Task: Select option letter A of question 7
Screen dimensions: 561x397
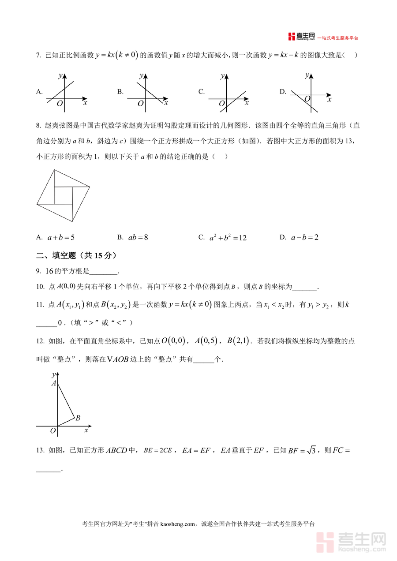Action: click(39, 92)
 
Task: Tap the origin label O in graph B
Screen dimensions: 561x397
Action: click(141, 104)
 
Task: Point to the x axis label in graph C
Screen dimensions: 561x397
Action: click(247, 103)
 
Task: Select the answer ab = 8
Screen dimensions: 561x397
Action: click(138, 237)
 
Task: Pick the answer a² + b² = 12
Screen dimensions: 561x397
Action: click(228, 238)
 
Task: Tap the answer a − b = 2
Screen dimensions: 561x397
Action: click(304, 237)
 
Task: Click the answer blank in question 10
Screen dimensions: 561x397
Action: click(304, 287)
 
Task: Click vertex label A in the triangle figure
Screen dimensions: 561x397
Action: click(53, 383)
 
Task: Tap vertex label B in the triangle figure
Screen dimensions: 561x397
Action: click(78, 418)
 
